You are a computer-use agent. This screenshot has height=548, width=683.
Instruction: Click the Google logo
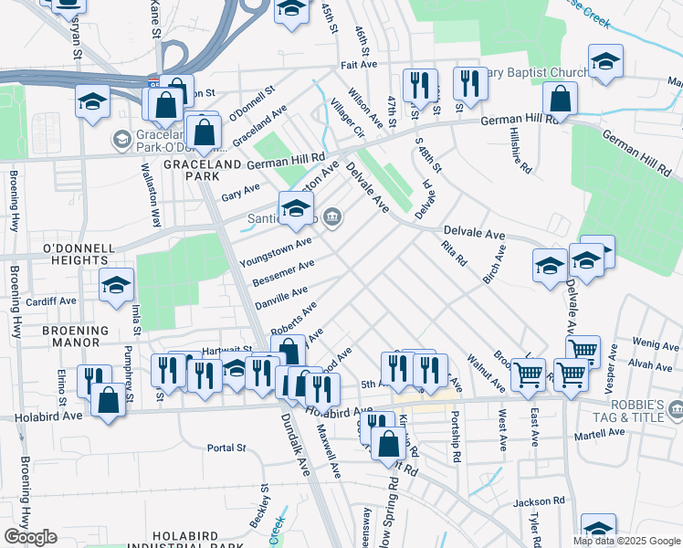(x=30, y=537)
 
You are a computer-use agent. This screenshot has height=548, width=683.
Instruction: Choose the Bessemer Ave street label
(x=284, y=272)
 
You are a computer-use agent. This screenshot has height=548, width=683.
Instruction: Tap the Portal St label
(x=227, y=448)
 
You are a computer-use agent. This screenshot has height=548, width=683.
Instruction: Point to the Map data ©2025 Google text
(x=627, y=541)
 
